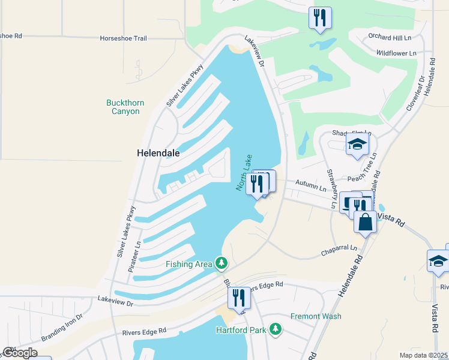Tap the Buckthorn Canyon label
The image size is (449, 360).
125,107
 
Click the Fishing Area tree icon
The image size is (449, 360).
221,263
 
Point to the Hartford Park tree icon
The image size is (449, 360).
276,329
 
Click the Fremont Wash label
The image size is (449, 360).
316,316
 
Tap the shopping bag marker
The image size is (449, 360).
365,222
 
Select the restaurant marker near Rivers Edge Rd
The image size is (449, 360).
239,298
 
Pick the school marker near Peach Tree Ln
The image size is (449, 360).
357,144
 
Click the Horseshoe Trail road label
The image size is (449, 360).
124,38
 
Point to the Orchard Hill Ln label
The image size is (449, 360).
389,37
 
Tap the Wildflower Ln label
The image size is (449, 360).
396,53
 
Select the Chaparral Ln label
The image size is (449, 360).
340,248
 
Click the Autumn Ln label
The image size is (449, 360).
315,188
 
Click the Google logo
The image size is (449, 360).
19,353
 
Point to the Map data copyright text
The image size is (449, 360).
423,355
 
